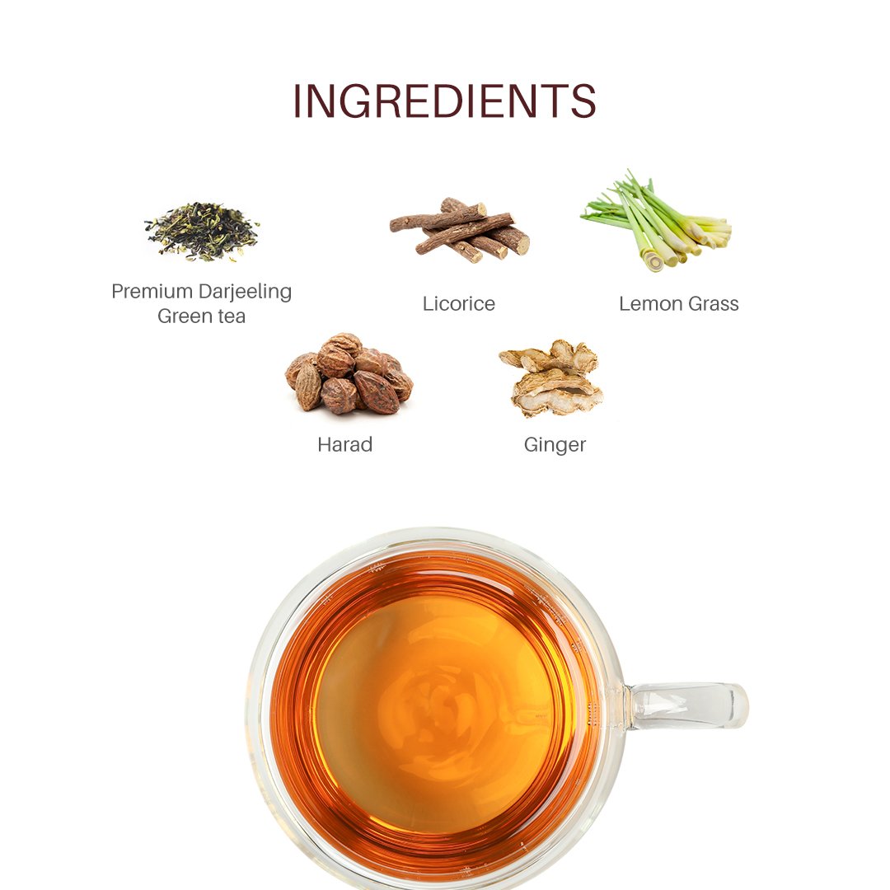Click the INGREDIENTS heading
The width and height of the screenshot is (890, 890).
pos(444,101)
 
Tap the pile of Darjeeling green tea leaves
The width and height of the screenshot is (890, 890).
pos(202,232)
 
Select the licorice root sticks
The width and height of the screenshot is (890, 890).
pos(460,229)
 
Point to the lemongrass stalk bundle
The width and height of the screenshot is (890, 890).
pos(657,222)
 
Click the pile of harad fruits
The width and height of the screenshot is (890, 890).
pos(349,374)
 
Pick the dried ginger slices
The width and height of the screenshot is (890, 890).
pos(551,377)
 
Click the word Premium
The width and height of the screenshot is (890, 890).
pos(152,291)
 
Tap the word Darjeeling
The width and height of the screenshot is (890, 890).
pos(246,292)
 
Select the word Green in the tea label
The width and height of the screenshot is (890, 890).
pos(185,316)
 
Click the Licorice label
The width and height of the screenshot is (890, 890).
pos(459,303)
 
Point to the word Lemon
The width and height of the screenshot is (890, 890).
pos(651,303)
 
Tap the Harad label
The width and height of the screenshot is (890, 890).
pos(345,444)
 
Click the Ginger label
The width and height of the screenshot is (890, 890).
pos(555,445)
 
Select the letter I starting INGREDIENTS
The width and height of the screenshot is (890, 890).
pos(297,101)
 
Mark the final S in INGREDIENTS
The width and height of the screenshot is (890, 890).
pos(583,101)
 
